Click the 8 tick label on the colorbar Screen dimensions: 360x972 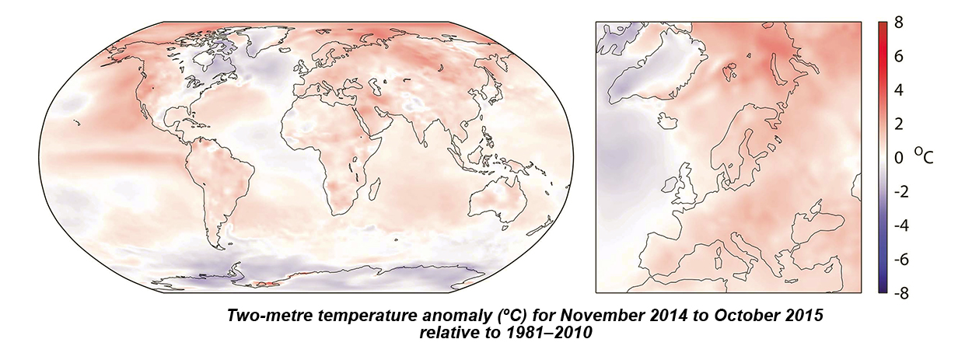(x=899, y=23)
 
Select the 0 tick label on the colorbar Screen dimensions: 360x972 (x=899, y=159)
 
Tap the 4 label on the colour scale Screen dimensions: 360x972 (x=899, y=91)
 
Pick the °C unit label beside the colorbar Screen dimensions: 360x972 (x=922, y=157)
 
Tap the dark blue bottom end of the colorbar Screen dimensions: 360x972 (x=883, y=290)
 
